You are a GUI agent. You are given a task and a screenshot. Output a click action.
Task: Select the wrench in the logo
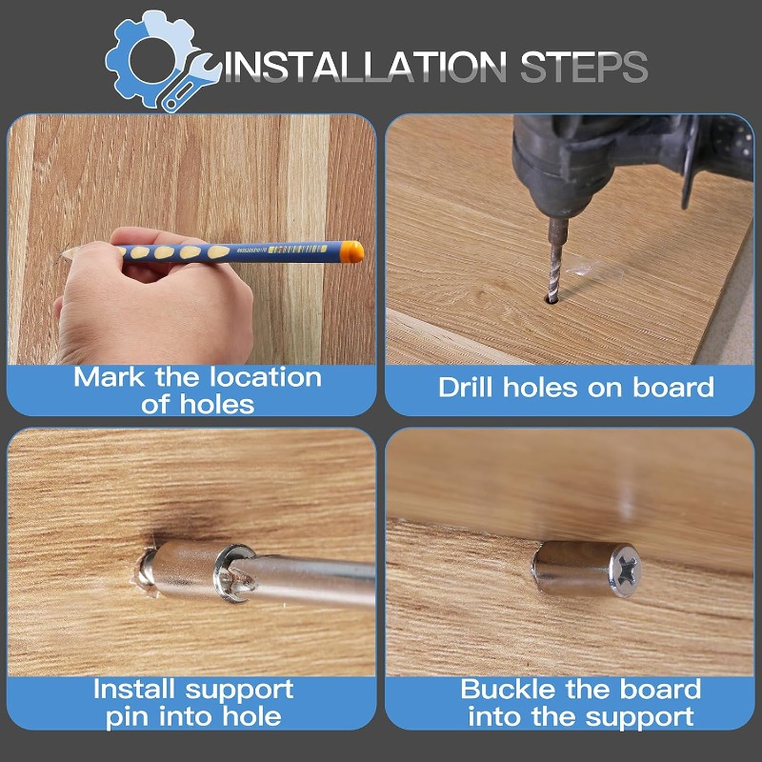point(190,83)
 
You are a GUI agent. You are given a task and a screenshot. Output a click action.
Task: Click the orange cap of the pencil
point(351,251)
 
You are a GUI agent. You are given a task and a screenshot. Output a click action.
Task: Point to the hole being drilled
point(552,299)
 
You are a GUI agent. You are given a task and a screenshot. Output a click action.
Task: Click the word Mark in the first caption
point(109,377)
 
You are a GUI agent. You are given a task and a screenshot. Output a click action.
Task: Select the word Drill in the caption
point(468,388)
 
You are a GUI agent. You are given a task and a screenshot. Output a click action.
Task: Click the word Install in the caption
point(133,689)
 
